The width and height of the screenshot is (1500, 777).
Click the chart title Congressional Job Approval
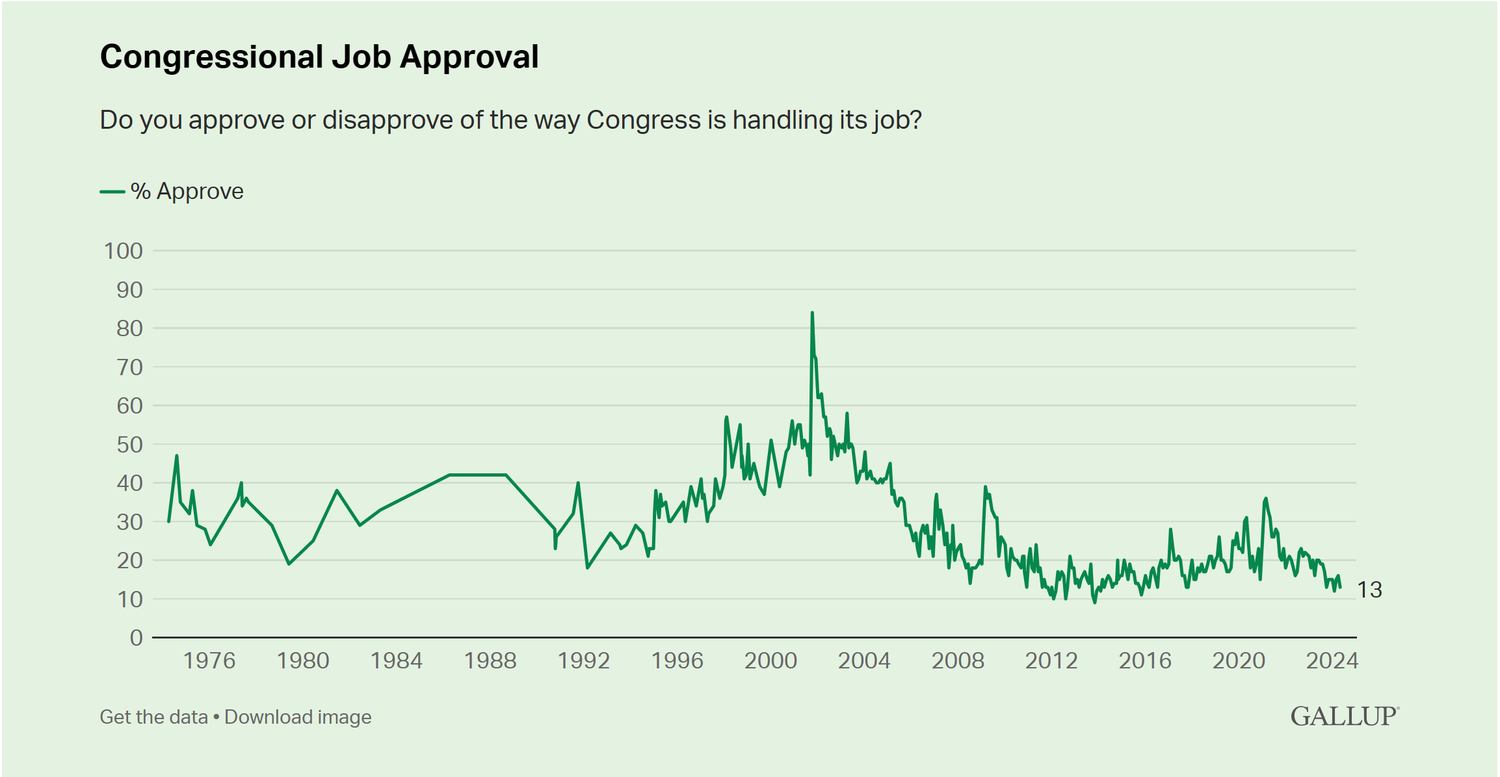click(319, 57)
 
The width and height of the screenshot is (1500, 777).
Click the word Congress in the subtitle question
click(643, 120)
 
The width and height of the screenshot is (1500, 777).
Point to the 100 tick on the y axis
click(124, 251)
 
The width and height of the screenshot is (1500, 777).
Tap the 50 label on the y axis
click(129, 445)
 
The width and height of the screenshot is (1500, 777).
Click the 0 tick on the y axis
click(137, 638)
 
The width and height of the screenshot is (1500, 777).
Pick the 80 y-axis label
click(129, 328)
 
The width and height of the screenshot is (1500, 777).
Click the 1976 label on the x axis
click(209, 661)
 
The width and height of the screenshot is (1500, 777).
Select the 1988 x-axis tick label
click(490, 661)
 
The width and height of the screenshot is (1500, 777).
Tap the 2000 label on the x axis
click(770, 661)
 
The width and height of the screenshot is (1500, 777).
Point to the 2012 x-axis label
click(1051, 661)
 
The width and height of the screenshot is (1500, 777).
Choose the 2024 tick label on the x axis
click(1332, 661)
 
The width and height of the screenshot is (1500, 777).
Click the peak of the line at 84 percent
click(812, 313)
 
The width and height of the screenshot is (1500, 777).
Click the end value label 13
click(1369, 590)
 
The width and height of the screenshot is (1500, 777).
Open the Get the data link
click(153, 717)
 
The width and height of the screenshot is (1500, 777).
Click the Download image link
click(298, 717)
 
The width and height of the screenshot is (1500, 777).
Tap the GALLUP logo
click(1344, 717)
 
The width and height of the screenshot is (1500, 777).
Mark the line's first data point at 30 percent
click(169, 521)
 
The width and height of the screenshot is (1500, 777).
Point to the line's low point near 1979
click(289, 564)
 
